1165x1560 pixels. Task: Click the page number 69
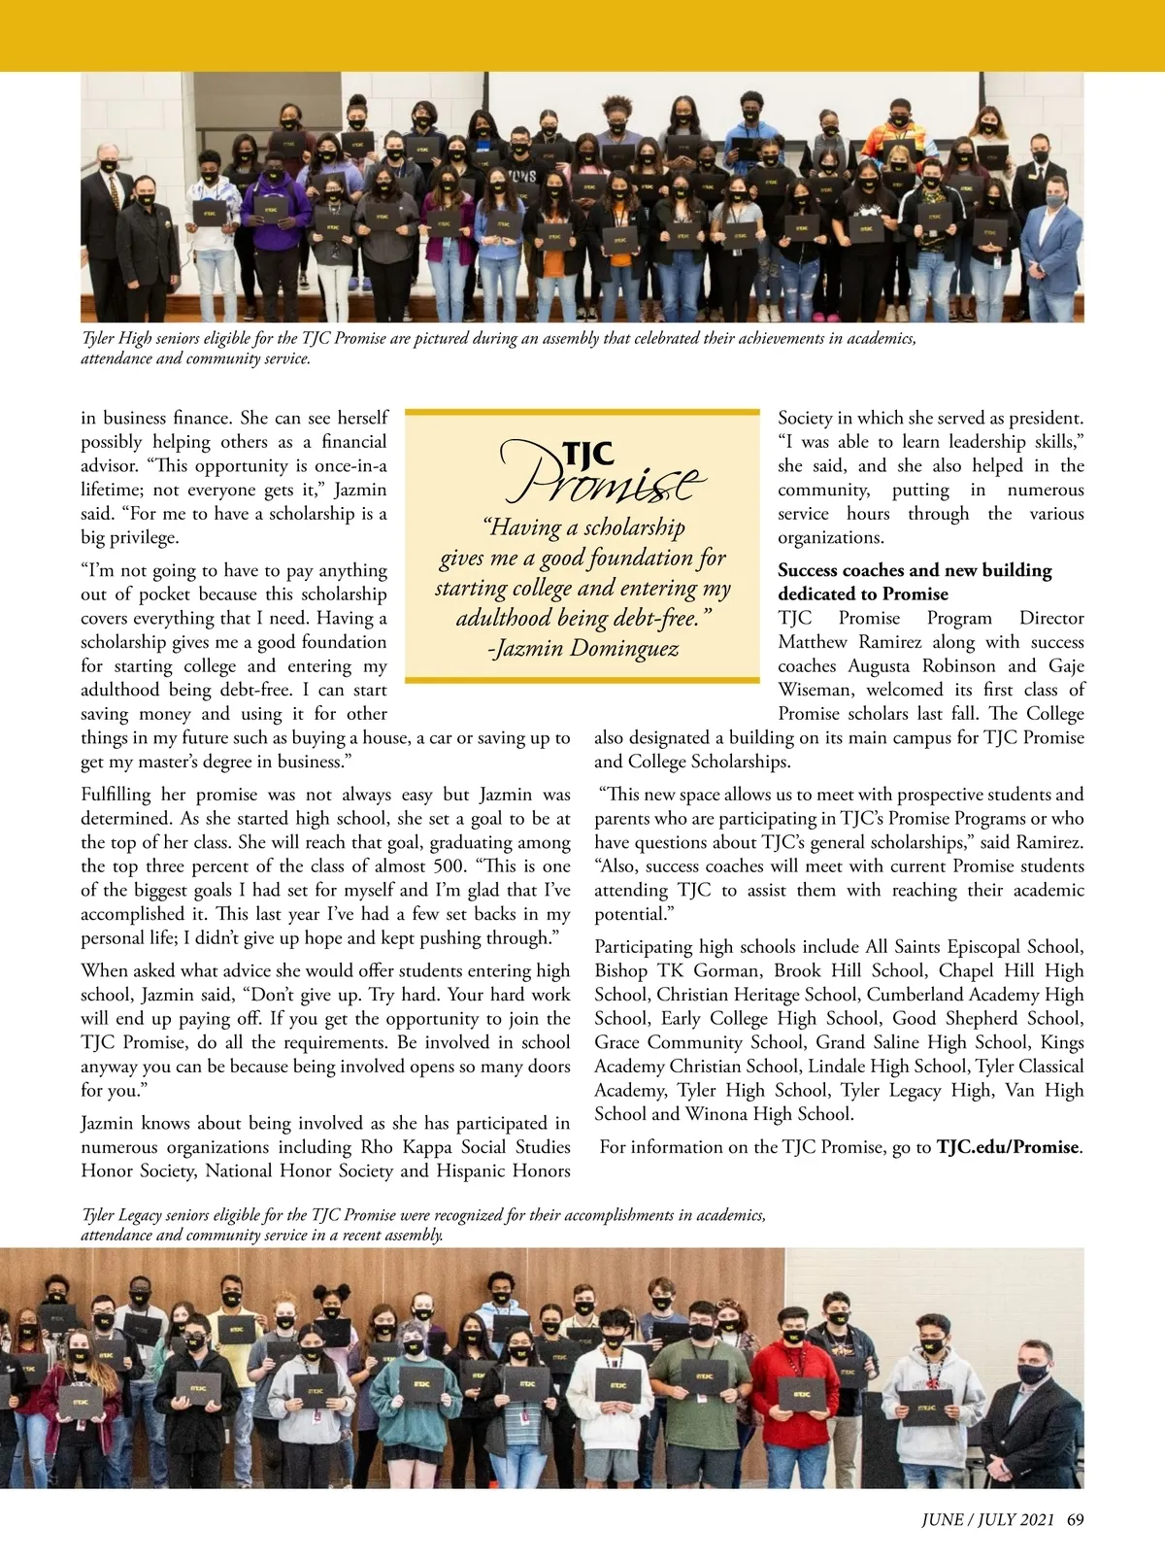pos(1075,1520)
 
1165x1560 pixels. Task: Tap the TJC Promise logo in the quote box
pos(599,471)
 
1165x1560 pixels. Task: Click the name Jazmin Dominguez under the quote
pos(582,648)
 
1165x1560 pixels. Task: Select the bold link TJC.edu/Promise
pos(1009,1147)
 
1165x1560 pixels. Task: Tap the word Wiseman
pos(815,690)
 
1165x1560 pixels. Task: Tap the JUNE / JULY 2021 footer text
pos(987,1520)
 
